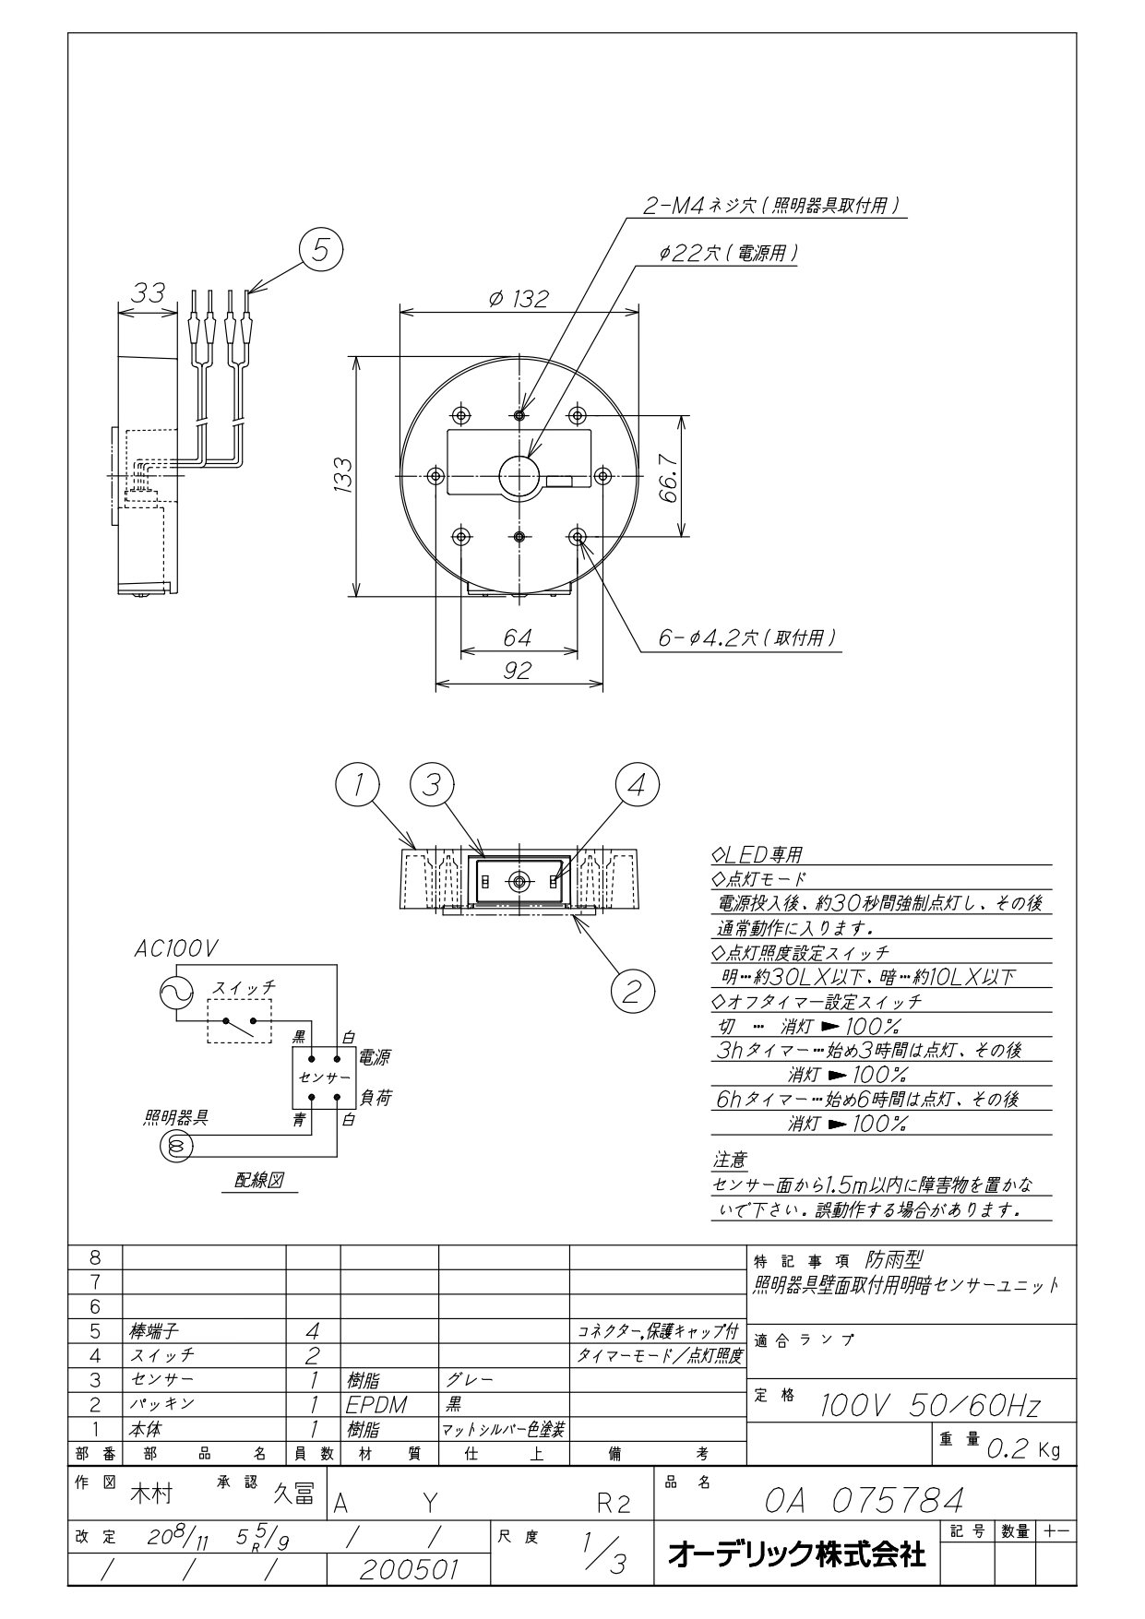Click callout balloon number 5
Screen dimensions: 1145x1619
320,250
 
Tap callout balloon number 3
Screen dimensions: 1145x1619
432,786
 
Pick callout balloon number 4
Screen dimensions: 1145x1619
638,786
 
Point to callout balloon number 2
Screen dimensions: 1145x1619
632,991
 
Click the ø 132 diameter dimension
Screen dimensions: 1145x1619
519,299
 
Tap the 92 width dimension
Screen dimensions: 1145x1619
518,671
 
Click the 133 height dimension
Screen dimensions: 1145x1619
343,475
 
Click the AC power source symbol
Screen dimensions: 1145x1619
177,993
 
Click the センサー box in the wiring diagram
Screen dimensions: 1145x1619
324,1077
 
